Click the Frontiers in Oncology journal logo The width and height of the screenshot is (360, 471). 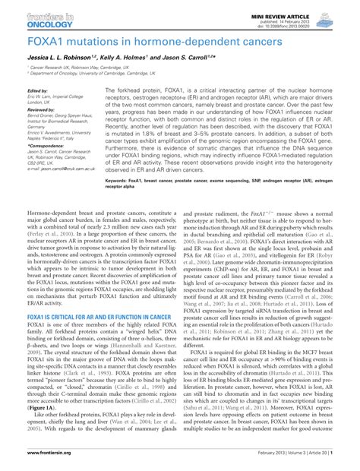[38, 16]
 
